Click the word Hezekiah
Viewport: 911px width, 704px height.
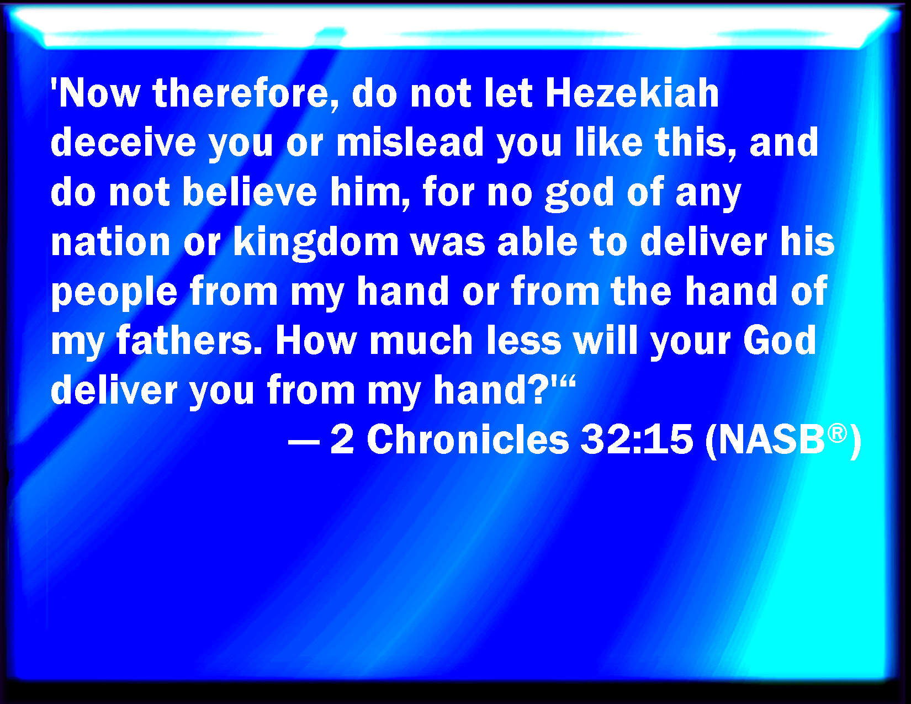632,93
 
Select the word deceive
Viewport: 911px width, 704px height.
123,142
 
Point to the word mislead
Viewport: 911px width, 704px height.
410,142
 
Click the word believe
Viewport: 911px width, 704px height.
250,192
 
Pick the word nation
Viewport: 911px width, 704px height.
110,241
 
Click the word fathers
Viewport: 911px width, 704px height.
189,340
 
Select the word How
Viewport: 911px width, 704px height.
316,340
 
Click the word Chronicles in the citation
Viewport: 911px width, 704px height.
468,439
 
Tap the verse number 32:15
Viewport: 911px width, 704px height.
637,439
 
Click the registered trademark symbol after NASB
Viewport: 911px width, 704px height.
838,433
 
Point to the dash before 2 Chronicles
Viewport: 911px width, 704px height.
304,442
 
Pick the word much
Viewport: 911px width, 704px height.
421,340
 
